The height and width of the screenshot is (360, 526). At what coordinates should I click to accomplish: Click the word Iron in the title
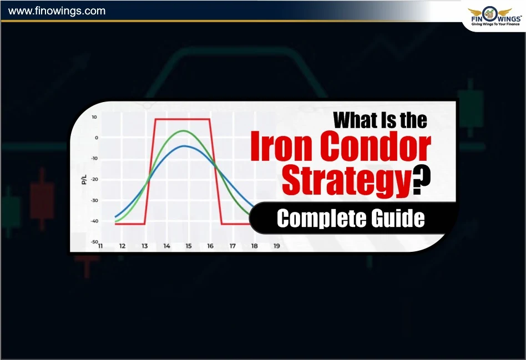point(282,148)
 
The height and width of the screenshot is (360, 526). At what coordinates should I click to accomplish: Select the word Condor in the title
point(376,148)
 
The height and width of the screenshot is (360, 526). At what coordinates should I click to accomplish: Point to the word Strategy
point(347,181)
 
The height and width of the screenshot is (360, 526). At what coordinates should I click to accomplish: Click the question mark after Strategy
point(423,182)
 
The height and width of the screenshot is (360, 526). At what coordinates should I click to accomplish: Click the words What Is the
point(380,120)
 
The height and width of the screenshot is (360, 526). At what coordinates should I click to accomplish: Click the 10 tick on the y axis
point(94,117)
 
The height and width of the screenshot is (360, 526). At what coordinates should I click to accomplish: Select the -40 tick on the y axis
point(94,221)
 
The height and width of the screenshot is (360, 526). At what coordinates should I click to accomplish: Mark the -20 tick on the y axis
point(94,180)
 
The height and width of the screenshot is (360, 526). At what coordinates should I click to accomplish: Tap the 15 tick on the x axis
point(188,246)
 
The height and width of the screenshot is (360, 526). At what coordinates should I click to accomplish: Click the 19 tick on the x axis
point(276,246)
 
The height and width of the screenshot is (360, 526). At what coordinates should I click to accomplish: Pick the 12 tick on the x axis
point(122,246)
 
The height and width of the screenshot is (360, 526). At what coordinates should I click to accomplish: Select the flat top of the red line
point(183,119)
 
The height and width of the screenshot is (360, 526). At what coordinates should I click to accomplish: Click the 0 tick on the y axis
point(96,138)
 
